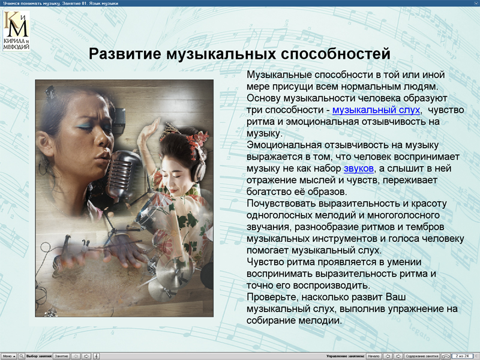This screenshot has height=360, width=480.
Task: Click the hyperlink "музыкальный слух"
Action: (376, 110)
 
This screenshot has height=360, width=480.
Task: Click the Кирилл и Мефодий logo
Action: (16, 30)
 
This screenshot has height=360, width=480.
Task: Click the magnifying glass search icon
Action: (22, 356)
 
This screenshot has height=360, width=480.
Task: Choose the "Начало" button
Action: (373, 356)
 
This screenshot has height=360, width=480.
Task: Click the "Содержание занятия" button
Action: (422, 356)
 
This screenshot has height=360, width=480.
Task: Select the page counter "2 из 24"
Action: (463, 356)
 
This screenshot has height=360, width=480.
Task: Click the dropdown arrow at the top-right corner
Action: (475, 3)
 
